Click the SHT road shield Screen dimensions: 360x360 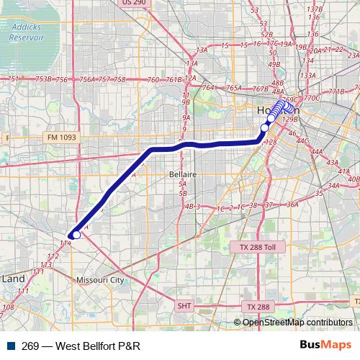(x=184, y=306)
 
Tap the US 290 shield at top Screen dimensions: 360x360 (x=135, y=3)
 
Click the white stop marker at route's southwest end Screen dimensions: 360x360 (x=76, y=234)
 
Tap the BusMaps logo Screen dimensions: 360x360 (x=325, y=345)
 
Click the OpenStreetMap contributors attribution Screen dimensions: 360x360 (x=297, y=323)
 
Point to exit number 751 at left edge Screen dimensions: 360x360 (x=13, y=79)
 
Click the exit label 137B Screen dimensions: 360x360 (x=314, y=9)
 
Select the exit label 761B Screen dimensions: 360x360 (x=174, y=80)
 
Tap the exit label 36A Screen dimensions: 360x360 (x=292, y=204)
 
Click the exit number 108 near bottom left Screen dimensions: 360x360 (x=9, y=307)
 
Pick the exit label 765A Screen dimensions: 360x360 (x=233, y=88)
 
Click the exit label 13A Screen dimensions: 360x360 (x=202, y=50)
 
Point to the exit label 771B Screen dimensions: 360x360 (x=336, y=92)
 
